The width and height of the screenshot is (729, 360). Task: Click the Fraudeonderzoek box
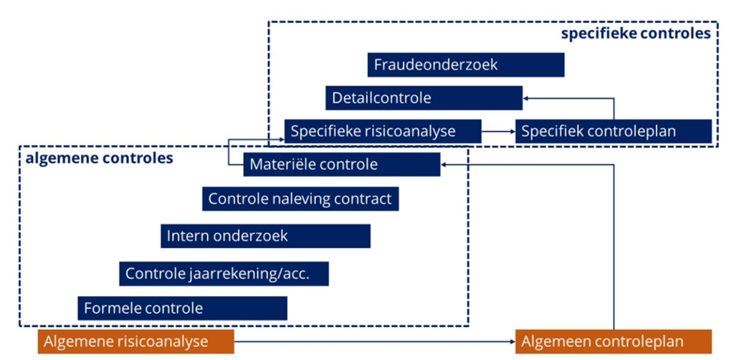[465, 65]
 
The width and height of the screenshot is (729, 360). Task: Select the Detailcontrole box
[424, 98]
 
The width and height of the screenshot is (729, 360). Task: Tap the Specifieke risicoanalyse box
[382, 131]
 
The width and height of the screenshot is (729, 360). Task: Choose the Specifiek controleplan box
[614, 131]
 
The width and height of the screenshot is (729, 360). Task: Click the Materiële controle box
[341, 164]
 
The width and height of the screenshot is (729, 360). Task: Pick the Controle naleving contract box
[300, 198]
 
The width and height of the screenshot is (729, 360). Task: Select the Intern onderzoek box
[265, 235]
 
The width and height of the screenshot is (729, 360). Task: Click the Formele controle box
[182, 308]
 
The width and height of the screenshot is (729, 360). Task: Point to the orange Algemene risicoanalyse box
[135, 341]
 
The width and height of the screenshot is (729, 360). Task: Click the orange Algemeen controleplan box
[613, 341]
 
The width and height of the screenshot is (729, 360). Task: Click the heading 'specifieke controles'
[635, 33]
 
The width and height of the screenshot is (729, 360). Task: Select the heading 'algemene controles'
[99, 158]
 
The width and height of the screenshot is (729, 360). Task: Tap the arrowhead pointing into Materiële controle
[444, 164]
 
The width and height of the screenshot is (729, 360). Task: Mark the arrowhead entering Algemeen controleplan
[510, 341]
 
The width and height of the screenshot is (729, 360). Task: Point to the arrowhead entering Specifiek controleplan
[511, 131]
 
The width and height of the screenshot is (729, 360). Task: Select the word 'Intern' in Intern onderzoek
[186, 235]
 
